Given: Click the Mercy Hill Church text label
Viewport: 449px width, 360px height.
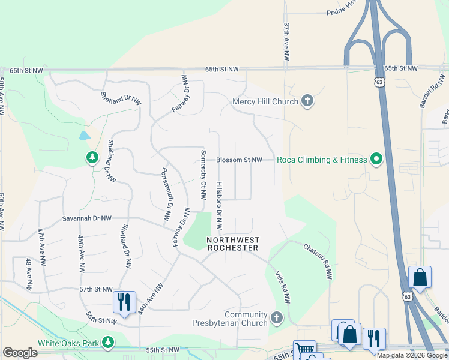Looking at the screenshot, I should (x=265, y=101).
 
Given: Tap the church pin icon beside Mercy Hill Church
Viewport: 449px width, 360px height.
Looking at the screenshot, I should (x=307, y=101).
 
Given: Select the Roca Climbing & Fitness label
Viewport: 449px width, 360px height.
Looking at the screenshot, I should (x=322, y=160).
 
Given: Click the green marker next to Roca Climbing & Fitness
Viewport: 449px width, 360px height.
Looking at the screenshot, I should (x=376, y=159).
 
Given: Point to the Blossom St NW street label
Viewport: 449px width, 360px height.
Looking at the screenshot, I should (x=239, y=160).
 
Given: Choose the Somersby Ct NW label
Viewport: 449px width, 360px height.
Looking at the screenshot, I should (x=203, y=173).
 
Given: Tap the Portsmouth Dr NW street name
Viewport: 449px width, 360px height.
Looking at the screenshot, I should (x=165, y=194).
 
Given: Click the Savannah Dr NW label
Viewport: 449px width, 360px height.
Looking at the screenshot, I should (x=87, y=219).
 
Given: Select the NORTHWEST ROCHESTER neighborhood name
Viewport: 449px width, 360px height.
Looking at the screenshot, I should (x=232, y=244).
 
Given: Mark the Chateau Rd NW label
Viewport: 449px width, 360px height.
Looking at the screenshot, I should (x=318, y=261).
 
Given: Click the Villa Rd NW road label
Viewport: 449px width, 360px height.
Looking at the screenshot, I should (x=282, y=287).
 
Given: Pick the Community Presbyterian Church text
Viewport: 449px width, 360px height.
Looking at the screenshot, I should (x=246, y=319).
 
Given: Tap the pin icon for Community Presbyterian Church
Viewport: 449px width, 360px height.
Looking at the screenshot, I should (x=277, y=316).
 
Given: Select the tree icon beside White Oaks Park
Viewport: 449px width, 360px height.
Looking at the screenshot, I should (x=108, y=343).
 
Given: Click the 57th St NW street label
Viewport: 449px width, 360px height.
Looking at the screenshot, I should (x=96, y=289).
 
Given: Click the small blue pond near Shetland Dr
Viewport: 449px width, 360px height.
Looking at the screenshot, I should (x=85, y=136).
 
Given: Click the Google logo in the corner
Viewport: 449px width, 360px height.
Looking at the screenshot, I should (x=20, y=353).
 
